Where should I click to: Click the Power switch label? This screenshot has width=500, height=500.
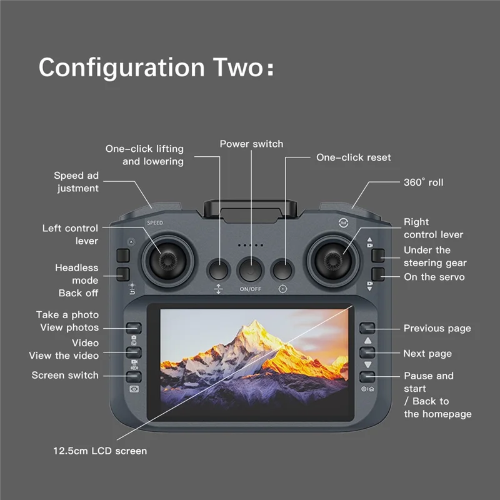click(x=251, y=144)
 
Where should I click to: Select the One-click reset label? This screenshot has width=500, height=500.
click(x=353, y=157)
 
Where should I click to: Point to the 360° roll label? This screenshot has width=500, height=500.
click(x=423, y=182)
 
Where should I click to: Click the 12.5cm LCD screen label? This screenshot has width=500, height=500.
click(x=100, y=451)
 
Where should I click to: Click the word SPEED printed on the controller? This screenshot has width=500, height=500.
click(x=154, y=223)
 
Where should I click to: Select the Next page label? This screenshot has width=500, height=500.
click(x=427, y=354)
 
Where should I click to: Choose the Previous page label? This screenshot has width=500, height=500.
click(x=437, y=329)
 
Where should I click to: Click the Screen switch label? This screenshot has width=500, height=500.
click(x=65, y=375)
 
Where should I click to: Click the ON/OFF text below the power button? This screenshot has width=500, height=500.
click(x=251, y=289)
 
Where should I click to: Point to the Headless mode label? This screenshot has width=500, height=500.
click(x=77, y=274)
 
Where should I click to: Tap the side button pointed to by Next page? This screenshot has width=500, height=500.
click(x=367, y=352)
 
